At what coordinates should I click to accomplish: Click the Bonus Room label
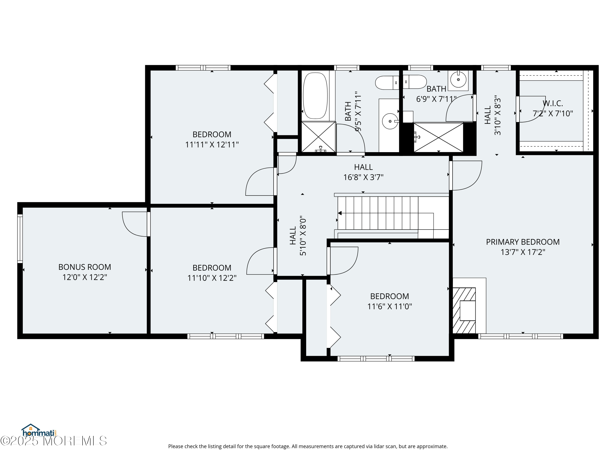[x=85, y=267]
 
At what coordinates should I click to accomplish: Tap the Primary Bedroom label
[x=523, y=242]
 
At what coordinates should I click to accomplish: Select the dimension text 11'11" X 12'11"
[x=212, y=145]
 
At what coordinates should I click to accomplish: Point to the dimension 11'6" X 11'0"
[x=390, y=307]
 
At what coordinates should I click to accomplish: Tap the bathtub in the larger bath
[x=315, y=96]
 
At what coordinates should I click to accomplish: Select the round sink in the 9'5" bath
[x=390, y=121]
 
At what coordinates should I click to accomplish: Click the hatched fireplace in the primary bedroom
[x=464, y=310]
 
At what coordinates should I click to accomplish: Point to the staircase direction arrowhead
[x=340, y=213]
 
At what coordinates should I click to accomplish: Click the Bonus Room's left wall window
[x=20, y=239]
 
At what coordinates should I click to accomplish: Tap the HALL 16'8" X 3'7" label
[x=363, y=172]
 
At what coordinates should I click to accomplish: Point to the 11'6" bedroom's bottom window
[x=376, y=359]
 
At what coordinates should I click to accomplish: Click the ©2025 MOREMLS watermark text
[x=53, y=441]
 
